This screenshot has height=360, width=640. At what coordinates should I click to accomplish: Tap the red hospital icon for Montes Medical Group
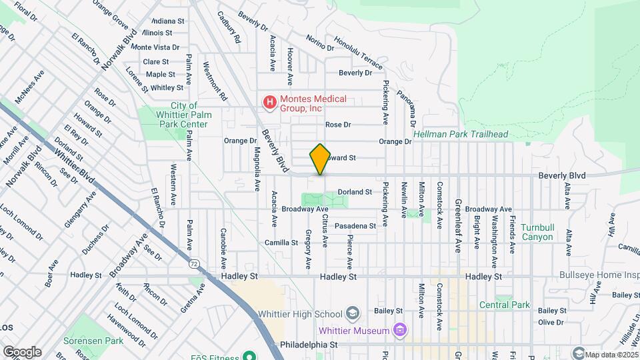pyautogui.click(x=269, y=103)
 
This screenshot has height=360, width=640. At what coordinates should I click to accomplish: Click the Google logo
pyautogui.click(x=22, y=351)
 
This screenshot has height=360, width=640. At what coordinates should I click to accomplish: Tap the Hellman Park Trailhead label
pyautogui.click(x=461, y=134)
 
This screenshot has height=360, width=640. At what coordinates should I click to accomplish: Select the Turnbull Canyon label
pyautogui.click(x=537, y=232)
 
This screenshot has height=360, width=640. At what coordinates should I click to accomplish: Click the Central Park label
pyautogui.click(x=504, y=305)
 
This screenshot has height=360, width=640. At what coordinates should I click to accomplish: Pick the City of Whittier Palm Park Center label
pyautogui.click(x=184, y=115)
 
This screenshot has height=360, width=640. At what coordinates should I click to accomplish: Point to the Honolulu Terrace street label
pyautogui.click(x=359, y=53)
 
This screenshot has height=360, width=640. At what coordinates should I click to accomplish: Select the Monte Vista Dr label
pyautogui.click(x=155, y=47)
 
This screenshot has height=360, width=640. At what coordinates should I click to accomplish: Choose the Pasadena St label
pyautogui.click(x=355, y=226)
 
